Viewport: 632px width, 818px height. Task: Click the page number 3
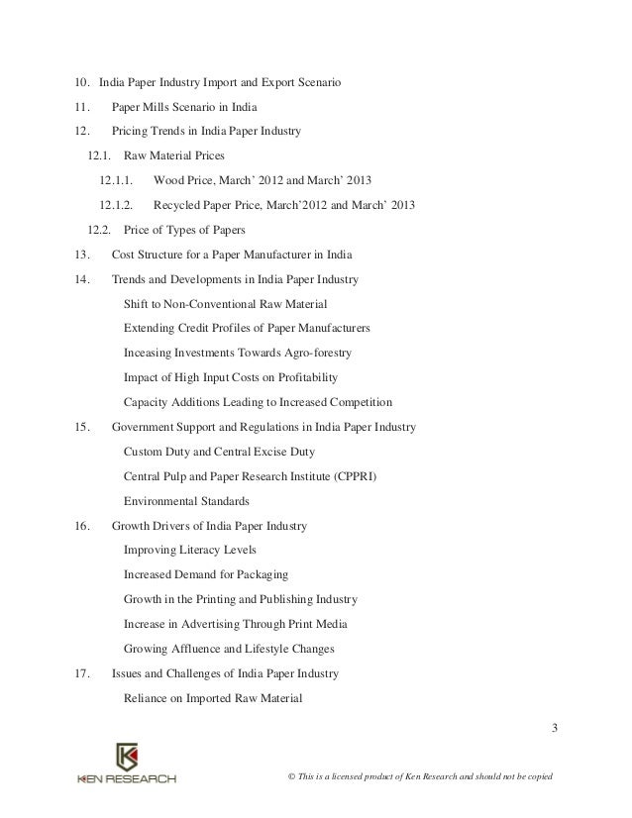pyautogui.click(x=555, y=731)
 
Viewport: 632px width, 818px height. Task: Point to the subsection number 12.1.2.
pyautogui.click(x=117, y=206)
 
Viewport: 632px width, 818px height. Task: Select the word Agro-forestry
pyautogui.click(x=315, y=353)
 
